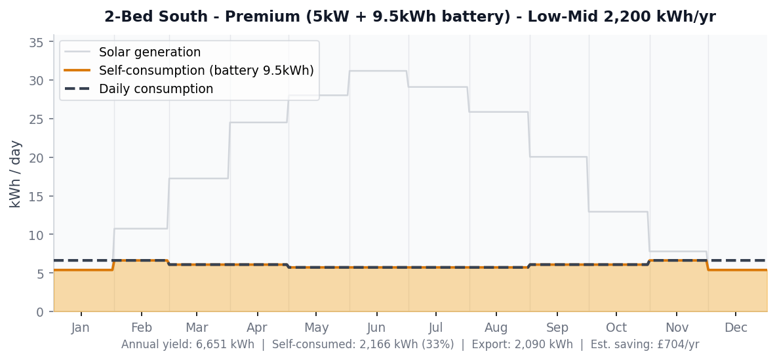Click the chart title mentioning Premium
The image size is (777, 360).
pyautogui.click(x=410, y=17)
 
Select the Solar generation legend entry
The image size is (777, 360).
pyautogui.click(x=149, y=52)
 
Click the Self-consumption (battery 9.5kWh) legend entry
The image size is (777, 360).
pyautogui.click(x=206, y=70)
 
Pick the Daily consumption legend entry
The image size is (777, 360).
pyautogui.click(x=155, y=89)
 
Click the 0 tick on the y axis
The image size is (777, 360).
pyautogui.click(x=40, y=311)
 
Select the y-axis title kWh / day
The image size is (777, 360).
pyautogui.click(x=16, y=174)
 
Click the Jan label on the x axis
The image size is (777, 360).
pyautogui.click(x=81, y=328)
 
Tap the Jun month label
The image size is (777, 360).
pyautogui.click(x=376, y=328)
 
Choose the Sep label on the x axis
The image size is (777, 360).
pyautogui.click(x=557, y=328)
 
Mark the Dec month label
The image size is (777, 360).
pyautogui.click(x=736, y=328)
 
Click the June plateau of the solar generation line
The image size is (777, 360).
pyautogui.click(x=378, y=71)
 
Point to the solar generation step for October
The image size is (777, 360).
pyautogui.click(x=618, y=212)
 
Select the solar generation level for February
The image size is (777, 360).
pyautogui.click(x=141, y=229)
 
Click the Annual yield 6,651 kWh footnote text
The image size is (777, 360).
pyautogui.click(x=188, y=344)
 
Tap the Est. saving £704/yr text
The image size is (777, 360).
pyautogui.click(x=645, y=344)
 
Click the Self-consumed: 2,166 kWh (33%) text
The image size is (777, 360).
pyautogui.click(x=363, y=344)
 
